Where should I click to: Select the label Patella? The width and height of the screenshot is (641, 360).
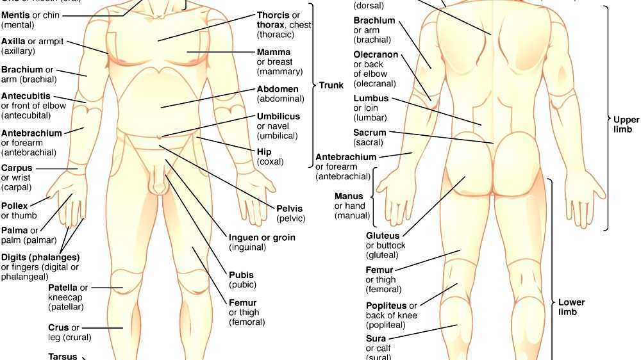pos(63,288)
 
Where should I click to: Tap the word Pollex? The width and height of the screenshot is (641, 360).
pos(14,206)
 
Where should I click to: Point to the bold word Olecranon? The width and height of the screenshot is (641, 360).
pos(376,55)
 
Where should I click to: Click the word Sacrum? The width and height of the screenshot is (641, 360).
pos(369,133)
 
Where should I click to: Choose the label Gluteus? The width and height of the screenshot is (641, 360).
pos(383,236)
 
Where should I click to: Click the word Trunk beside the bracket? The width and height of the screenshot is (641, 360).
pos(331,85)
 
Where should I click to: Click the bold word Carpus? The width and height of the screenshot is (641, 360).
pos(17,168)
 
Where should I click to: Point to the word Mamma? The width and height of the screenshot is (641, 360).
pos(274,52)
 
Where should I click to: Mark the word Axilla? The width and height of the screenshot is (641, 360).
pos(13,41)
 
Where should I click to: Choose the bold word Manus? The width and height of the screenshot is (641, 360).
pos(349,196)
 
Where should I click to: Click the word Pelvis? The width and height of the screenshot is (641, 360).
pos(290,208)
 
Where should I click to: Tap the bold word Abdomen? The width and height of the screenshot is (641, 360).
pos(278,89)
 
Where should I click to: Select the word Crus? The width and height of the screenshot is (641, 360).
pos(58,327)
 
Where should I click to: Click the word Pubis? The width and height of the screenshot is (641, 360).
pos(241,275)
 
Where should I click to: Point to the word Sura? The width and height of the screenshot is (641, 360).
pos(376,338)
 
